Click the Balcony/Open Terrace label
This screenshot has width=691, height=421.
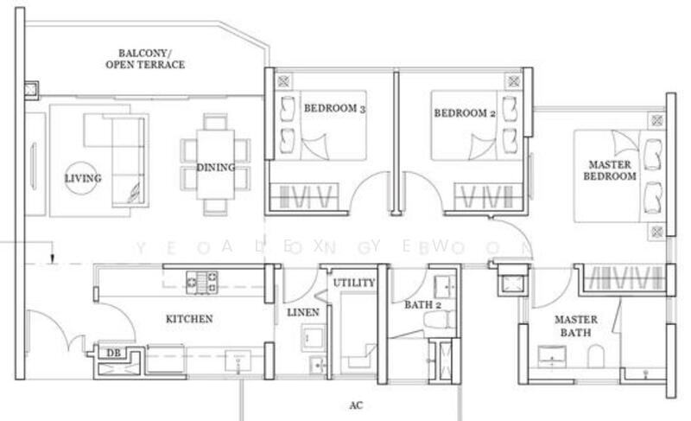click(x=145, y=58)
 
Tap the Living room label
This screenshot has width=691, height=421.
click(x=83, y=179)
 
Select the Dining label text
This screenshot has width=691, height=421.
click(x=215, y=167)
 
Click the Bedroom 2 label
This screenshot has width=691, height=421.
click(x=465, y=112)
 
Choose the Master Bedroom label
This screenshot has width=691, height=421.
click(x=612, y=169)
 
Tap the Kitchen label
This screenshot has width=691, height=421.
click(x=188, y=319)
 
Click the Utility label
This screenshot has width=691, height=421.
click(x=354, y=283)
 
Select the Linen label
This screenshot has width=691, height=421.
click(x=303, y=311)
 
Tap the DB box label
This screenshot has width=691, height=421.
click(x=113, y=353)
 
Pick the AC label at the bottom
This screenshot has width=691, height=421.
click(x=355, y=404)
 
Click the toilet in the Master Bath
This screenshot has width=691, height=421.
click(x=596, y=354)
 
